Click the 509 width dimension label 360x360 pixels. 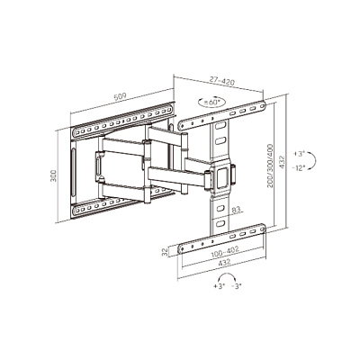coord(120,96)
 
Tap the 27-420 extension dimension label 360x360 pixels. coord(222,81)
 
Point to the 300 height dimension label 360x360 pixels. coord(53,175)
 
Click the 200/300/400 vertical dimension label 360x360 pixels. coord(271,166)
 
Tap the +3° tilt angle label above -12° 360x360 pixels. coord(299,154)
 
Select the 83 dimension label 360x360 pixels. coord(236,210)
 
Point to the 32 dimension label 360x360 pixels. coord(165,253)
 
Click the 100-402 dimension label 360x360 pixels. coord(225,251)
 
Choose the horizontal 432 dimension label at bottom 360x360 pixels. coord(224,263)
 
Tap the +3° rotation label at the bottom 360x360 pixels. coord(220,286)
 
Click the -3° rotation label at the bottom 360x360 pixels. coord(237,286)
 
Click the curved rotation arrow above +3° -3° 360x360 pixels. coord(227,274)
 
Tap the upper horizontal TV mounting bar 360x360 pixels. coord(222,115)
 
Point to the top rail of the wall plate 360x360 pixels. coord(123,121)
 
